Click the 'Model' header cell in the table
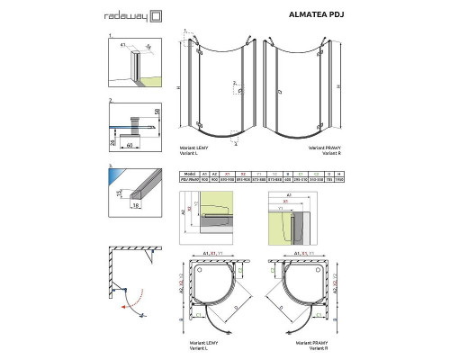point(188,174)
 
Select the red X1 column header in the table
point(229,174)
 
